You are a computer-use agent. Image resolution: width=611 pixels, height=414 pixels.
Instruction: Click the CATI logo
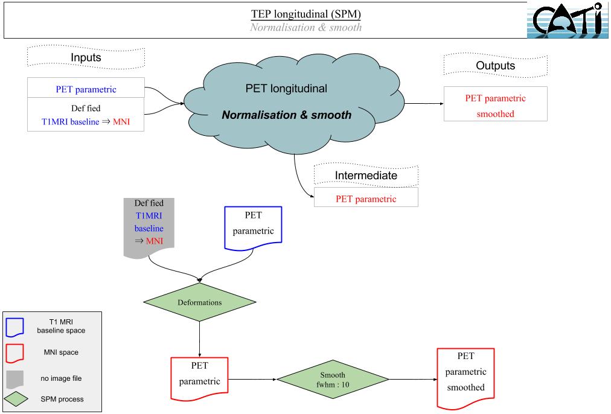coord(567,20)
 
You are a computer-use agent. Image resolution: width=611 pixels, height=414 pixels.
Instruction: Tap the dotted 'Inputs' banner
coord(86,58)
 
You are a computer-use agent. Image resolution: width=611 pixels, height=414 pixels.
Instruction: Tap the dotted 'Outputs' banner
coord(495,65)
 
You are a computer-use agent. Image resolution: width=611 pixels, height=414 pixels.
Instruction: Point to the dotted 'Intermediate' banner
coord(366,176)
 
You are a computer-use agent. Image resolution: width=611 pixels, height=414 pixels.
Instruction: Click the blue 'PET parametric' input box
coord(86,89)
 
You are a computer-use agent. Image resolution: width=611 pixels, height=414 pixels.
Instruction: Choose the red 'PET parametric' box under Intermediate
coord(366,199)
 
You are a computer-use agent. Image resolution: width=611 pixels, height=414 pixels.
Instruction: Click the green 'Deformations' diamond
coord(199,302)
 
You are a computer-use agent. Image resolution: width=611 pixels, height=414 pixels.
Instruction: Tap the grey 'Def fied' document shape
coord(149,227)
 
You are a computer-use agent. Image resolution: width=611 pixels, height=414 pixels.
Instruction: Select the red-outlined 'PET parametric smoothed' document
coord(465,378)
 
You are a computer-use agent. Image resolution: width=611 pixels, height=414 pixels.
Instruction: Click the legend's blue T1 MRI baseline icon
coord(15,326)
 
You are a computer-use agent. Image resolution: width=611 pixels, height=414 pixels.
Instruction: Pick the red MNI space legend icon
coord(15,352)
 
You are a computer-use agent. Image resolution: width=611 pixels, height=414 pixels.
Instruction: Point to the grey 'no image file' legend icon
coord(15,379)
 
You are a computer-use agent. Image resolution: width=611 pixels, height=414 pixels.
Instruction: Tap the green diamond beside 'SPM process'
coord(16,399)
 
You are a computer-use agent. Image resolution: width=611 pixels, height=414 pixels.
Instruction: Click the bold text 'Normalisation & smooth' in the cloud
coord(286,115)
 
